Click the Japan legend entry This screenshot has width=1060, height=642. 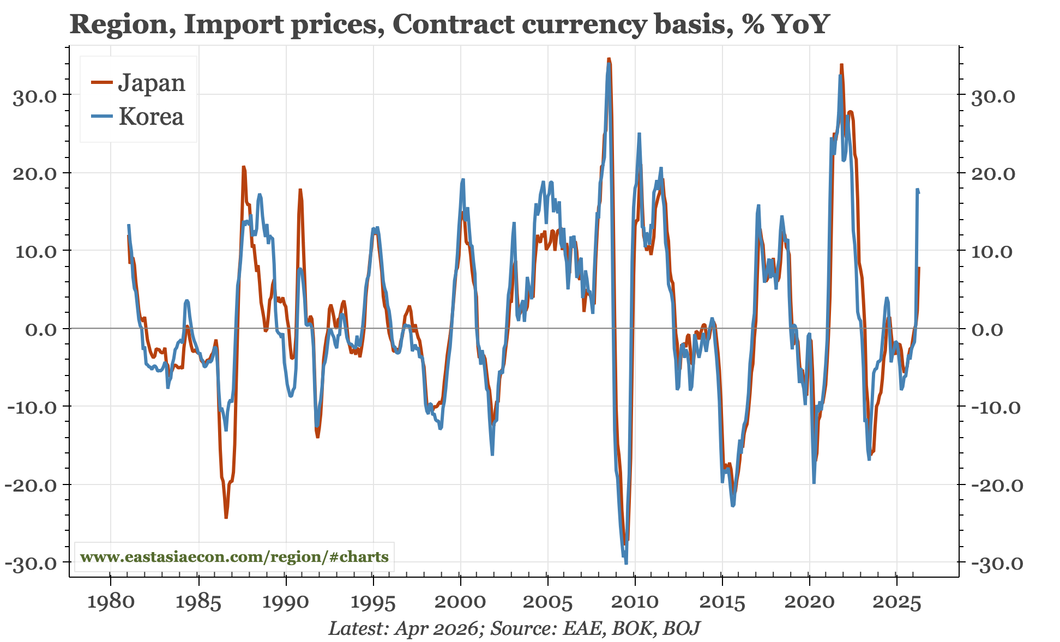(x=138, y=83)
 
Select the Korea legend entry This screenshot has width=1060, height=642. (x=137, y=116)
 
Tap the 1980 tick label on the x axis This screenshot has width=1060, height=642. (x=111, y=603)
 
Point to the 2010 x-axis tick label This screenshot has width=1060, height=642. (x=635, y=603)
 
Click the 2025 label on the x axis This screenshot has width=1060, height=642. (x=897, y=603)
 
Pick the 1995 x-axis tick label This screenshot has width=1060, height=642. (x=373, y=603)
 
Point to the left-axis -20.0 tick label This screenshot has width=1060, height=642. (x=32, y=485)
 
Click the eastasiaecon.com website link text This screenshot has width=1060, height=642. (x=234, y=557)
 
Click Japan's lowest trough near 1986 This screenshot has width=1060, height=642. (x=226, y=517)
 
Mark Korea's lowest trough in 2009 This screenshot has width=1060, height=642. (x=625, y=563)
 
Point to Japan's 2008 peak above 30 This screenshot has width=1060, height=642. (x=609, y=59)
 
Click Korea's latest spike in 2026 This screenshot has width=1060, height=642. (x=917, y=190)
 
